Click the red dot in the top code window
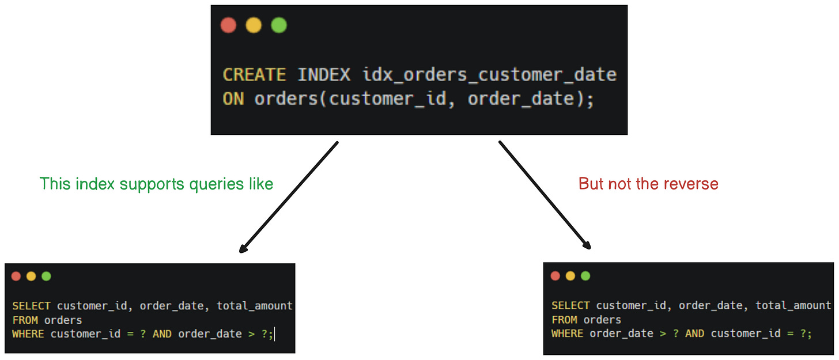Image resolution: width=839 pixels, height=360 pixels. (229, 25)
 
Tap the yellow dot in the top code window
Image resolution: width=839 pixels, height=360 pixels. (254, 25)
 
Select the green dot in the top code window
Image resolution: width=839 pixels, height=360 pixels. (279, 25)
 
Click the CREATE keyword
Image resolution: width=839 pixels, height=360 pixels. (254, 75)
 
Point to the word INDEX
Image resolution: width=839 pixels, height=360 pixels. (323, 75)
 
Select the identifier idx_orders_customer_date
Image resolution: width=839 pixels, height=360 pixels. (489, 75)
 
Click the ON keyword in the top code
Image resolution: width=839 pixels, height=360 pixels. (233, 99)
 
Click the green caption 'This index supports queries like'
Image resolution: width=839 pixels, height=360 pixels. (156, 184)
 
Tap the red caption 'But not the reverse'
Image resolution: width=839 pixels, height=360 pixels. (648, 184)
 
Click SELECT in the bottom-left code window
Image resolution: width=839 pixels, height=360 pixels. (31, 306)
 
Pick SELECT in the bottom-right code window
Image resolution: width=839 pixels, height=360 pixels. (570, 305)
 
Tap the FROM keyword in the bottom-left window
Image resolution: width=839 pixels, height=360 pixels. (24, 320)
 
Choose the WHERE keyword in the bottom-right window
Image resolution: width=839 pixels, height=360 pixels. (567, 334)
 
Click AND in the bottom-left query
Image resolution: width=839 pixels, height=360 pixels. (162, 334)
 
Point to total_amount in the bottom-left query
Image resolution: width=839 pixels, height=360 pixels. (255, 306)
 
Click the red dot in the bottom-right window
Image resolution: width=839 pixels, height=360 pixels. (555, 276)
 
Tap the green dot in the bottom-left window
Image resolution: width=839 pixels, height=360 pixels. (46, 276)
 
